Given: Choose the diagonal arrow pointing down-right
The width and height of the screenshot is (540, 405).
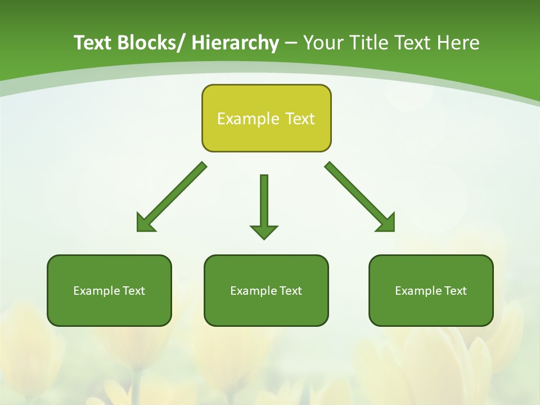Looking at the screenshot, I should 360,197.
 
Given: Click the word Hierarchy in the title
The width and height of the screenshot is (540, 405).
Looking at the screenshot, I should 235,43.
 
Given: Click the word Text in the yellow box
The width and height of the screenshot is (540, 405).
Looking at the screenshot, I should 299,119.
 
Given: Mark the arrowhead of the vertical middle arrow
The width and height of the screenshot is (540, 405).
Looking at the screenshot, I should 264,231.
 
